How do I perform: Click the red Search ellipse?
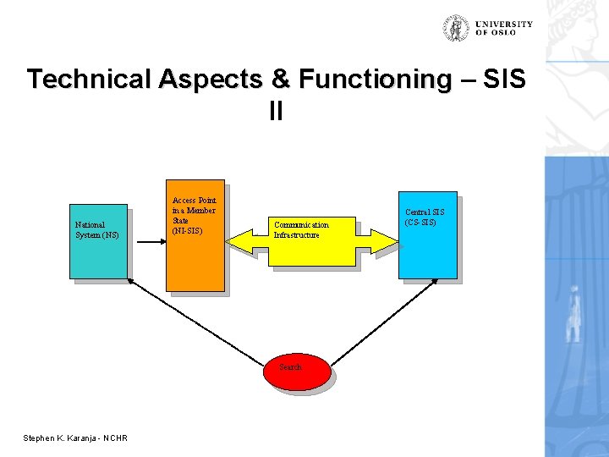(x=295, y=372)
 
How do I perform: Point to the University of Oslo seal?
(x=457, y=28)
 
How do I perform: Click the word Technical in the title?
(x=87, y=80)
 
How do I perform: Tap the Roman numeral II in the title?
(x=276, y=111)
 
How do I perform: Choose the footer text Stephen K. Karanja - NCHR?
(x=75, y=438)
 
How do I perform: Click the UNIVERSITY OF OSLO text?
(x=503, y=28)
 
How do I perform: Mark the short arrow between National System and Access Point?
(x=146, y=240)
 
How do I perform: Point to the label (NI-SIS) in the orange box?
(x=186, y=230)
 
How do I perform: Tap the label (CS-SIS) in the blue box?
(x=420, y=223)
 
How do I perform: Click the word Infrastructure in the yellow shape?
(x=296, y=234)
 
